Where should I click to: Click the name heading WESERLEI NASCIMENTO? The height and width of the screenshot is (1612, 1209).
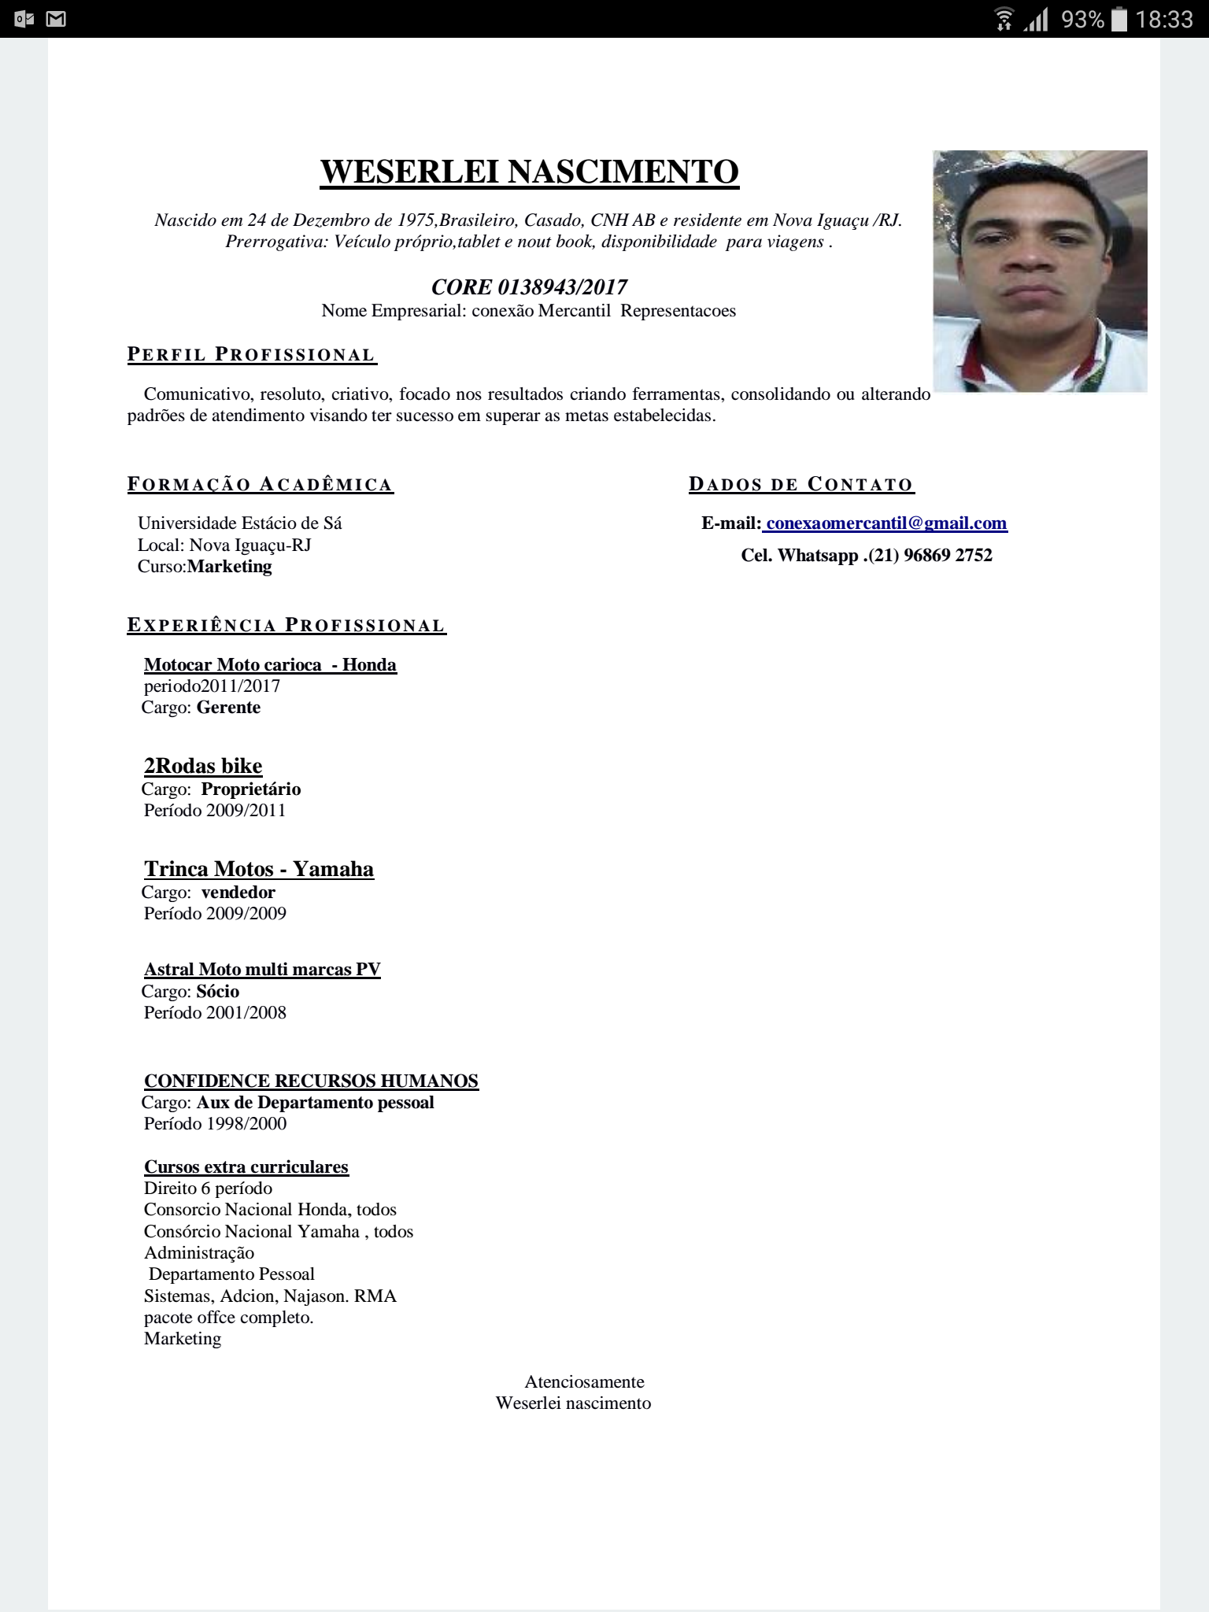pyautogui.click(x=529, y=172)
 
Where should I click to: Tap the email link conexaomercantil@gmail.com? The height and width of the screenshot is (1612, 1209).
pyautogui.click(x=886, y=523)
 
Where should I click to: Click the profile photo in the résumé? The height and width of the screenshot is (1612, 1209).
pyautogui.click(x=1040, y=271)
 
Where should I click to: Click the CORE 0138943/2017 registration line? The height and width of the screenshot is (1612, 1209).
pyautogui.click(x=529, y=287)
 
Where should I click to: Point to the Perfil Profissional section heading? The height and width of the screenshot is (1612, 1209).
pyautogui.click(x=252, y=355)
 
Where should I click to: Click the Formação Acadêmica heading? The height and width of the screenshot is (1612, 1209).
pyautogui.click(x=261, y=484)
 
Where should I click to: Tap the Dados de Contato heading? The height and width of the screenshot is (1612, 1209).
pyautogui.click(x=801, y=484)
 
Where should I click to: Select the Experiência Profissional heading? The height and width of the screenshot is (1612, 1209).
pyautogui.click(x=287, y=626)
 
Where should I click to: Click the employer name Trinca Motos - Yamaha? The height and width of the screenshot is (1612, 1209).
pyautogui.click(x=259, y=869)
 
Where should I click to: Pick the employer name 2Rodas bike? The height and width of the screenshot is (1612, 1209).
pyautogui.click(x=203, y=766)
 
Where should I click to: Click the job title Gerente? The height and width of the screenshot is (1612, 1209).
pyautogui.click(x=228, y=708)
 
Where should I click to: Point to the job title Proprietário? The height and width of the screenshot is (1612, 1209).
pyautogui.click(x=251, y=789)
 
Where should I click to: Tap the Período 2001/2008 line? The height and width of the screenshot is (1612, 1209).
pyautogui.click(x=215, y=1013)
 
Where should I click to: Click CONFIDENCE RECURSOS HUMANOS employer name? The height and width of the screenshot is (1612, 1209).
pyautogui.click(x=311, y=1081)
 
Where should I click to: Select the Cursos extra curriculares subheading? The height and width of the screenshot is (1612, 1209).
pyautogui.click(x=246, y=1167)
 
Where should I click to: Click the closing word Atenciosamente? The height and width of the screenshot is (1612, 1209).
pyautogui.click(x=584, y=1382)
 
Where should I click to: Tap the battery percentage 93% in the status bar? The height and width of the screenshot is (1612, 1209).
pyautogui.click(x=1082, y=19)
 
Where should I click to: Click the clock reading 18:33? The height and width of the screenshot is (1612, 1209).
pyautogui.click(x=1163, y=19)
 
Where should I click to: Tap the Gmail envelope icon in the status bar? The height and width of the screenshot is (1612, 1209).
pyautogui.click(x=55, y=19)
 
